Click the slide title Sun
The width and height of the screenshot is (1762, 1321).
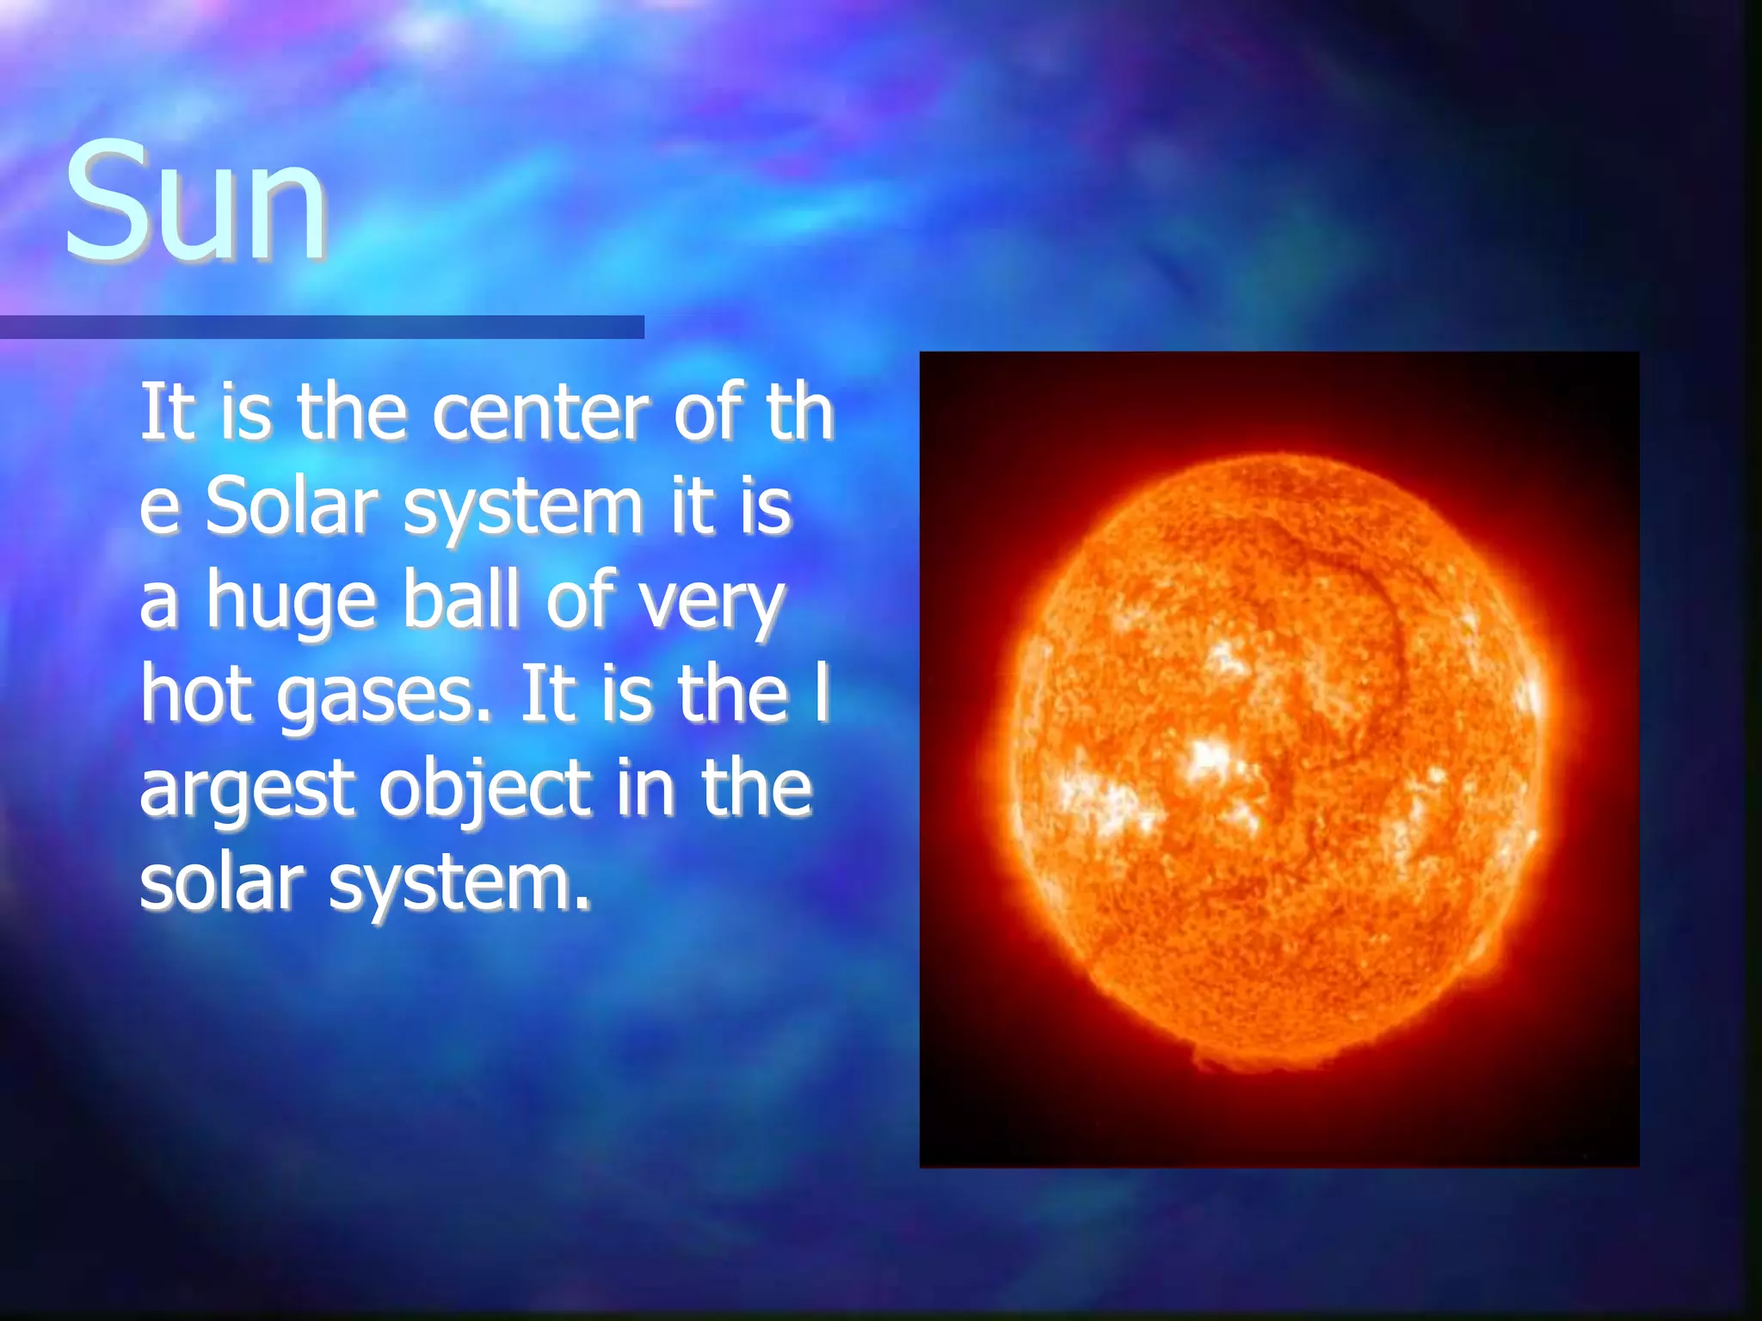pyautogui.click(x=196, y=203)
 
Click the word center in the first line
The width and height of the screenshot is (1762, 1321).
pyautogui.click(x=539, y=414)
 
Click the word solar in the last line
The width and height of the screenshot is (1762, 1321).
pyautogui.click(x=223, y=883)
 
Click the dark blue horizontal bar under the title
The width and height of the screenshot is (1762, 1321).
pyautogui.click(x=322, y=328)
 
